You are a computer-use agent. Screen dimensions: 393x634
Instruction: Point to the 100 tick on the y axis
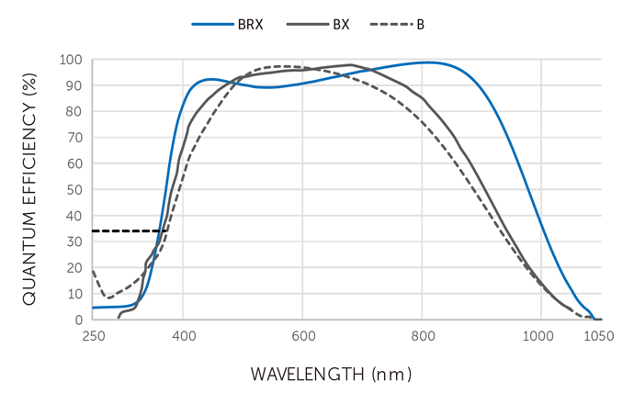point(71,61)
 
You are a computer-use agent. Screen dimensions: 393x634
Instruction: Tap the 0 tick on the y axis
point(78,320)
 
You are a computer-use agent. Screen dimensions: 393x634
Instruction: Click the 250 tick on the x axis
point(94,336)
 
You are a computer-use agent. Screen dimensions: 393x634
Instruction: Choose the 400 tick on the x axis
point(184,336)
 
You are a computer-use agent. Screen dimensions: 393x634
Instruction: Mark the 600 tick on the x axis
point(303,336)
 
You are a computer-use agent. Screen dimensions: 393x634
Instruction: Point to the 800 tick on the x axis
point(422,336)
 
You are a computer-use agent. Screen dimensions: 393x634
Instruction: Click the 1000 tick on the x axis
point(540,336)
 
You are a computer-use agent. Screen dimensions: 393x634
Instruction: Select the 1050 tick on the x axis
point(599,336)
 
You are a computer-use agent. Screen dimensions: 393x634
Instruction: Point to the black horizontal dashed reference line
point(129,230)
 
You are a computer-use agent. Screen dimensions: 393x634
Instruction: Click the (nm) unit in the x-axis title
point(392,375)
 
